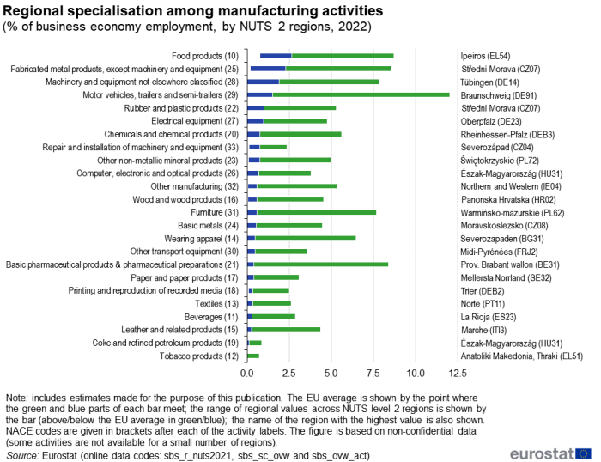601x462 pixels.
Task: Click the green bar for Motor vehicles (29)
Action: tap(361, 94)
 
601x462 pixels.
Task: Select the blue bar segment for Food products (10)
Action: tap(276, 56)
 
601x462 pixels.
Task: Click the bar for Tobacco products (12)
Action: tap(253, 356)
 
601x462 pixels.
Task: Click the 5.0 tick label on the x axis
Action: tap(331, 374)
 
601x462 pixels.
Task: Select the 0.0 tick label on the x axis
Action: tap(247, 374)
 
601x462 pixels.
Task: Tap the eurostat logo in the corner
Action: tap(549, 453)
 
